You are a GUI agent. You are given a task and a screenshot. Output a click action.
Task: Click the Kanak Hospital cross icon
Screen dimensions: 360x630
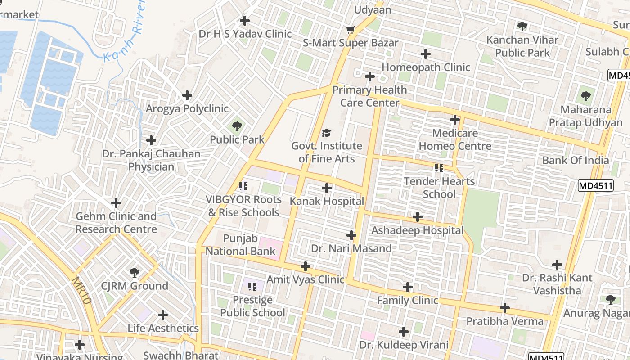(327, 188)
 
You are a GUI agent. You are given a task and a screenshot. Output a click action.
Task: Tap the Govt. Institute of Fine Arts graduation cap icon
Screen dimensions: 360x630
(327, 133)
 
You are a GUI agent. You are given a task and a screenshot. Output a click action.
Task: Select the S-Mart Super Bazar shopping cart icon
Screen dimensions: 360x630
(351, 30)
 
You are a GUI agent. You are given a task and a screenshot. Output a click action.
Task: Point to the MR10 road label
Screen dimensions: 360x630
(81, 290)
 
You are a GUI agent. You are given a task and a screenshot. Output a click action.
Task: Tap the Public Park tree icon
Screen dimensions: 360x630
(237, 126)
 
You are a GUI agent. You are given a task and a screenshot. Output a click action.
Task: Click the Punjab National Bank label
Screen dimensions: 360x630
(240, 244)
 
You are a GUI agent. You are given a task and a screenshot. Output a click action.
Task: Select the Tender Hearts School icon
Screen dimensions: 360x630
(439, 168)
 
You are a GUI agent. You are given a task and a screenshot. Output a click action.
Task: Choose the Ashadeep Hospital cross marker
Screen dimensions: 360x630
(418, 217)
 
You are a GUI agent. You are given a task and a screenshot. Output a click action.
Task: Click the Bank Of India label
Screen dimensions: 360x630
(576, 160)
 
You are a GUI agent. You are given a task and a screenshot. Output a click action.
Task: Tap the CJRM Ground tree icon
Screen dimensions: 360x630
(134, 272)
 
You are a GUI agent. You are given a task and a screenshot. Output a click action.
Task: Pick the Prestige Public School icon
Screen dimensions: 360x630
(252, 286)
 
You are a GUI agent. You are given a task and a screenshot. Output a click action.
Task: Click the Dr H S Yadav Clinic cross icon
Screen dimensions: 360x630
(245, 21)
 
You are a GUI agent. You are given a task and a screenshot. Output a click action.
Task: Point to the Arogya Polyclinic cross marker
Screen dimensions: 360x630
(187, 95)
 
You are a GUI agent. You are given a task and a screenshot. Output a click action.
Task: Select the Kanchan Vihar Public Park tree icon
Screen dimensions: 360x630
(522, 27)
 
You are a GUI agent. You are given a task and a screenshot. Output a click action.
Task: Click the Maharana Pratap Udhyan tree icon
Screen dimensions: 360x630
(585, 96)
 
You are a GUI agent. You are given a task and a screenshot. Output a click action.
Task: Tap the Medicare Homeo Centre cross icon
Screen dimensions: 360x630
(455, 120)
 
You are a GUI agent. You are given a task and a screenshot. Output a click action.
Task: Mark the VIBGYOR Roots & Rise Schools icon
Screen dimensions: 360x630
(243, 186)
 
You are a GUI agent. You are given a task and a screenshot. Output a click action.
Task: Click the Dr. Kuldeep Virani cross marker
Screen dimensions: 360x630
(404, 332)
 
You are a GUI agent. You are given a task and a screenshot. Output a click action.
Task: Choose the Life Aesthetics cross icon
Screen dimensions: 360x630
(163, 315)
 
